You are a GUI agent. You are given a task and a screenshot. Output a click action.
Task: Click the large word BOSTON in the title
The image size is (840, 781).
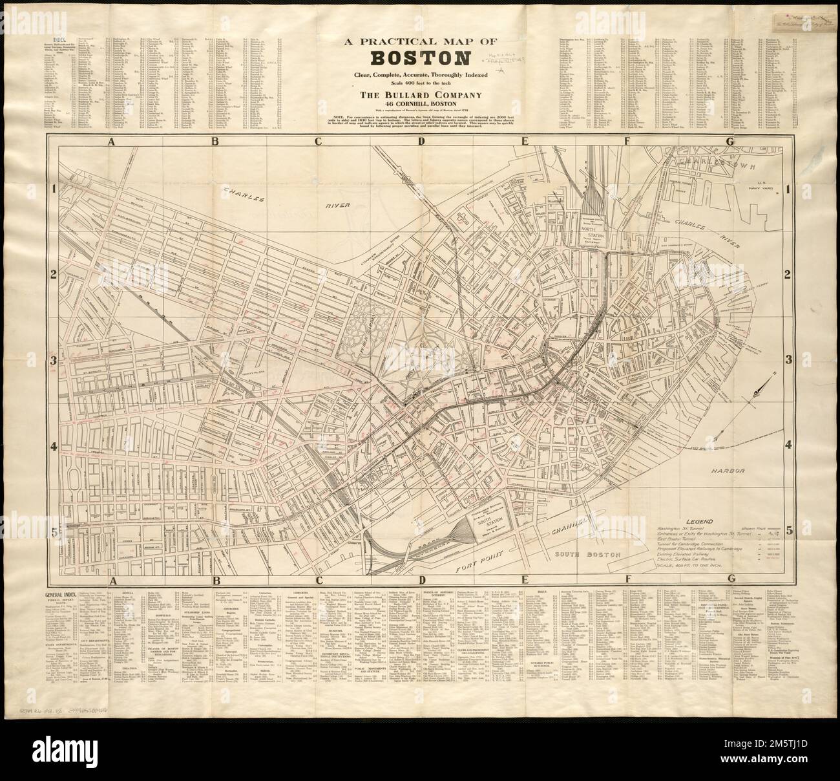point(419,59)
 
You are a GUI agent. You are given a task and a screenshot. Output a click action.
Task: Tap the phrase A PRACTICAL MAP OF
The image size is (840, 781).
point(419,40)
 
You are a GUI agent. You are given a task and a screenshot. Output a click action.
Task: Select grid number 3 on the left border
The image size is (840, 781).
point(54,360)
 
